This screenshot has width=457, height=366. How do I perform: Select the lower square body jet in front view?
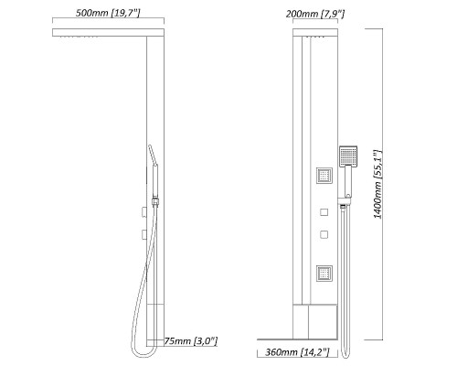[324, 272]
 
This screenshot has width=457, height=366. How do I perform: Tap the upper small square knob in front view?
[324, 212]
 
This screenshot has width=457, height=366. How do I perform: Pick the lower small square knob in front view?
[324, 235]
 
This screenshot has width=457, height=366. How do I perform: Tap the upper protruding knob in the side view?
[144, 213]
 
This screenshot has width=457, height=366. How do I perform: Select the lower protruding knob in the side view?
[144, 236]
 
